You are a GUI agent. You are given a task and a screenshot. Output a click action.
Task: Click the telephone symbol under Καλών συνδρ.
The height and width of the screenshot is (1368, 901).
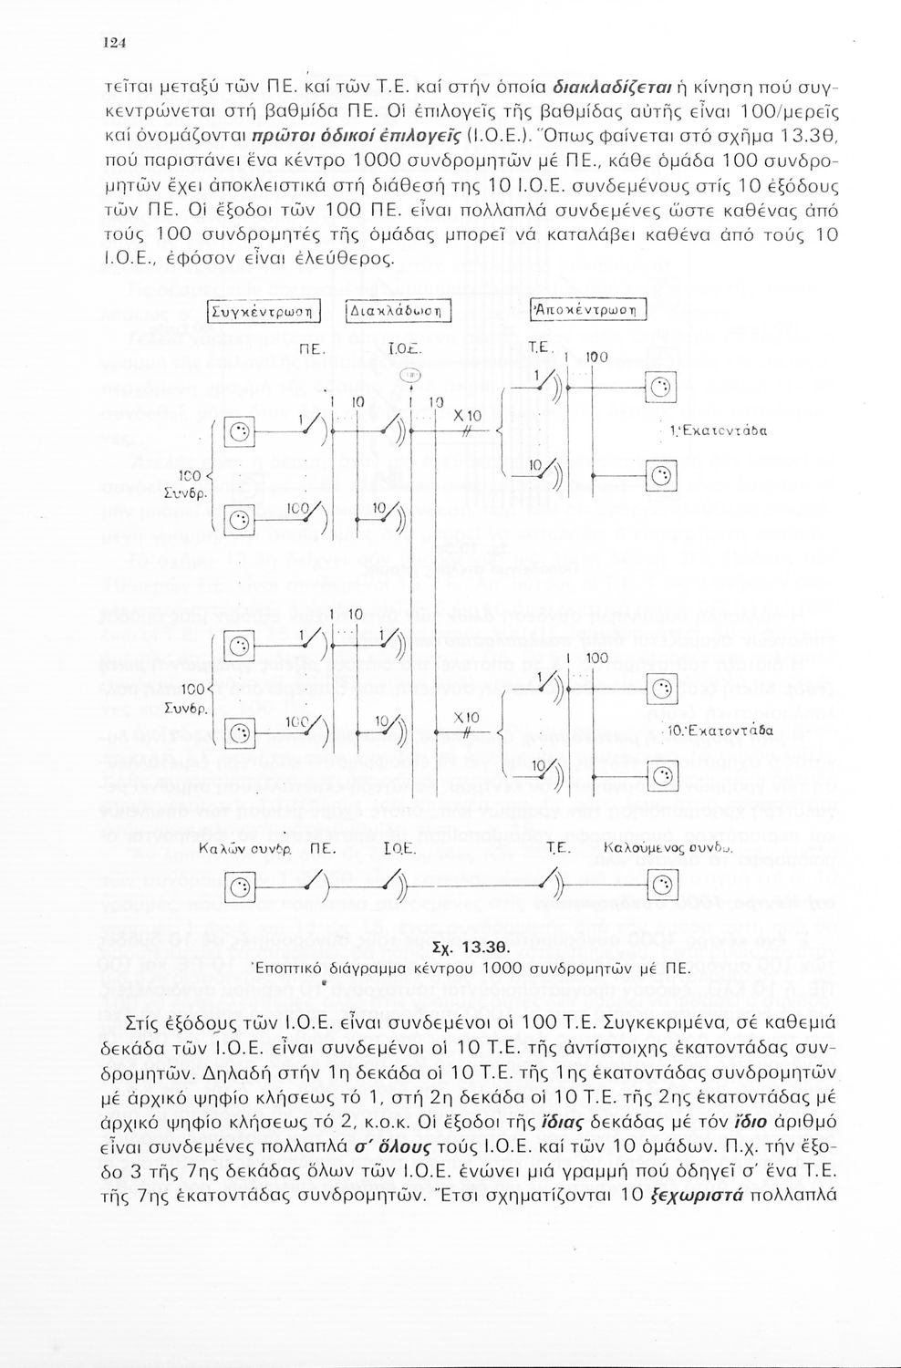click(239, 884)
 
